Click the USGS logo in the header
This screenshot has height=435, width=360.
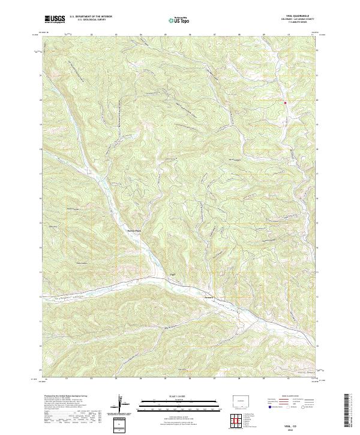coord(55,20)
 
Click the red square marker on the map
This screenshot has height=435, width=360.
coord(285,103)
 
